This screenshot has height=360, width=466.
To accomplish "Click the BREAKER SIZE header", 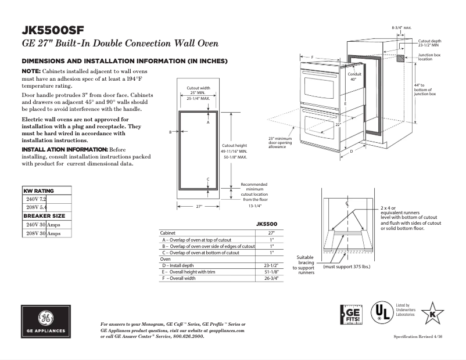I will coord(44,215).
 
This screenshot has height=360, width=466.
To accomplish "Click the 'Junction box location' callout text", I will coord(429,57).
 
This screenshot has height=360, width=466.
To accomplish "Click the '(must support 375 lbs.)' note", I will coord(346,267).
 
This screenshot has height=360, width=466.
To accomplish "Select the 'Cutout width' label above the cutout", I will coord(198,88).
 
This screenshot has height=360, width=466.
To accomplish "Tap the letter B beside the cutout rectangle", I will coord(170,132).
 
